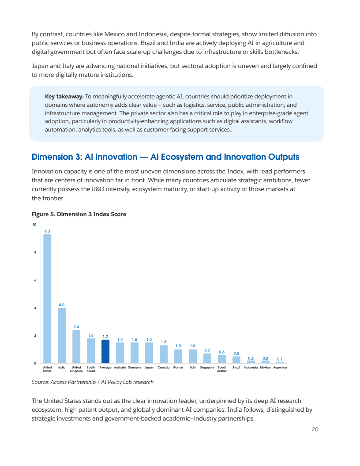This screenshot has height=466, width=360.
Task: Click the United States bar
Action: pos(47,298)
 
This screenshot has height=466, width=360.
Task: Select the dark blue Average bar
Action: pos(105,351)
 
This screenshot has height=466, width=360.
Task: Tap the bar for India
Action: pos(62,335)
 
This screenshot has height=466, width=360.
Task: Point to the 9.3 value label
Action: pos(47,231)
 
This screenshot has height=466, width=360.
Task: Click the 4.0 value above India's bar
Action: pos(62,304)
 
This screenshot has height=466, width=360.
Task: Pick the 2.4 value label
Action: pos(76,327)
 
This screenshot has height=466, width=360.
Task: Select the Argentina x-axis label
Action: pos(280,367)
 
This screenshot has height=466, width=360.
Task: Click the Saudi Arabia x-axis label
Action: pos(222,369)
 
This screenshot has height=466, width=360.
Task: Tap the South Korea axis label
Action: pos(91,369)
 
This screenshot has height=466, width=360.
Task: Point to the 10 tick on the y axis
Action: pos(34,225)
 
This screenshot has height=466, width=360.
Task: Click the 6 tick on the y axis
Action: pos(35,280)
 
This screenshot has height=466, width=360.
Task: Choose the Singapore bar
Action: pos(207,358)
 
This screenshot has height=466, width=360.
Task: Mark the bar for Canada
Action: pos(164,354)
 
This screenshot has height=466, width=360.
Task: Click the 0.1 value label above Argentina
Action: pos(280,359)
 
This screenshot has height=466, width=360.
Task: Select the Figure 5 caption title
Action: pos(79,214)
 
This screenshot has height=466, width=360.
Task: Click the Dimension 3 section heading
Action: pos(165,157)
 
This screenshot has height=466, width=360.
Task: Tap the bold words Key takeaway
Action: pos(64,96)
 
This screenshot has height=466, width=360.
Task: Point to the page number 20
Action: pos(315,429)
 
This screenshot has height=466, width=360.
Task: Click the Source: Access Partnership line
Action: pos(93,382)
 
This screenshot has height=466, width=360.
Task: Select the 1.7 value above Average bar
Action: pos(105,337)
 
